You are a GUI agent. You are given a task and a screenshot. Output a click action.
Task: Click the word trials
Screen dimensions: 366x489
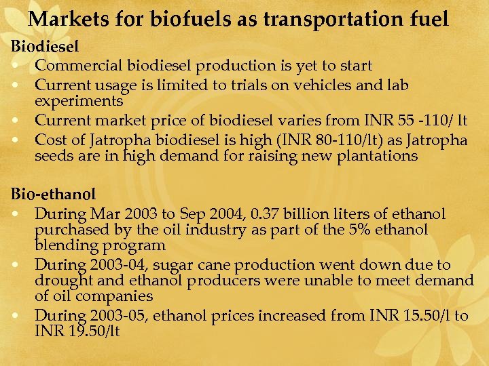click(264, 85)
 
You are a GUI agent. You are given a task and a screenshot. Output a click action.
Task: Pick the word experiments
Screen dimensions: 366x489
click(79, 101)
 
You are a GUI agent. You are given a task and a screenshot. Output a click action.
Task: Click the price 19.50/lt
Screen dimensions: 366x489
click(92, 331)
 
